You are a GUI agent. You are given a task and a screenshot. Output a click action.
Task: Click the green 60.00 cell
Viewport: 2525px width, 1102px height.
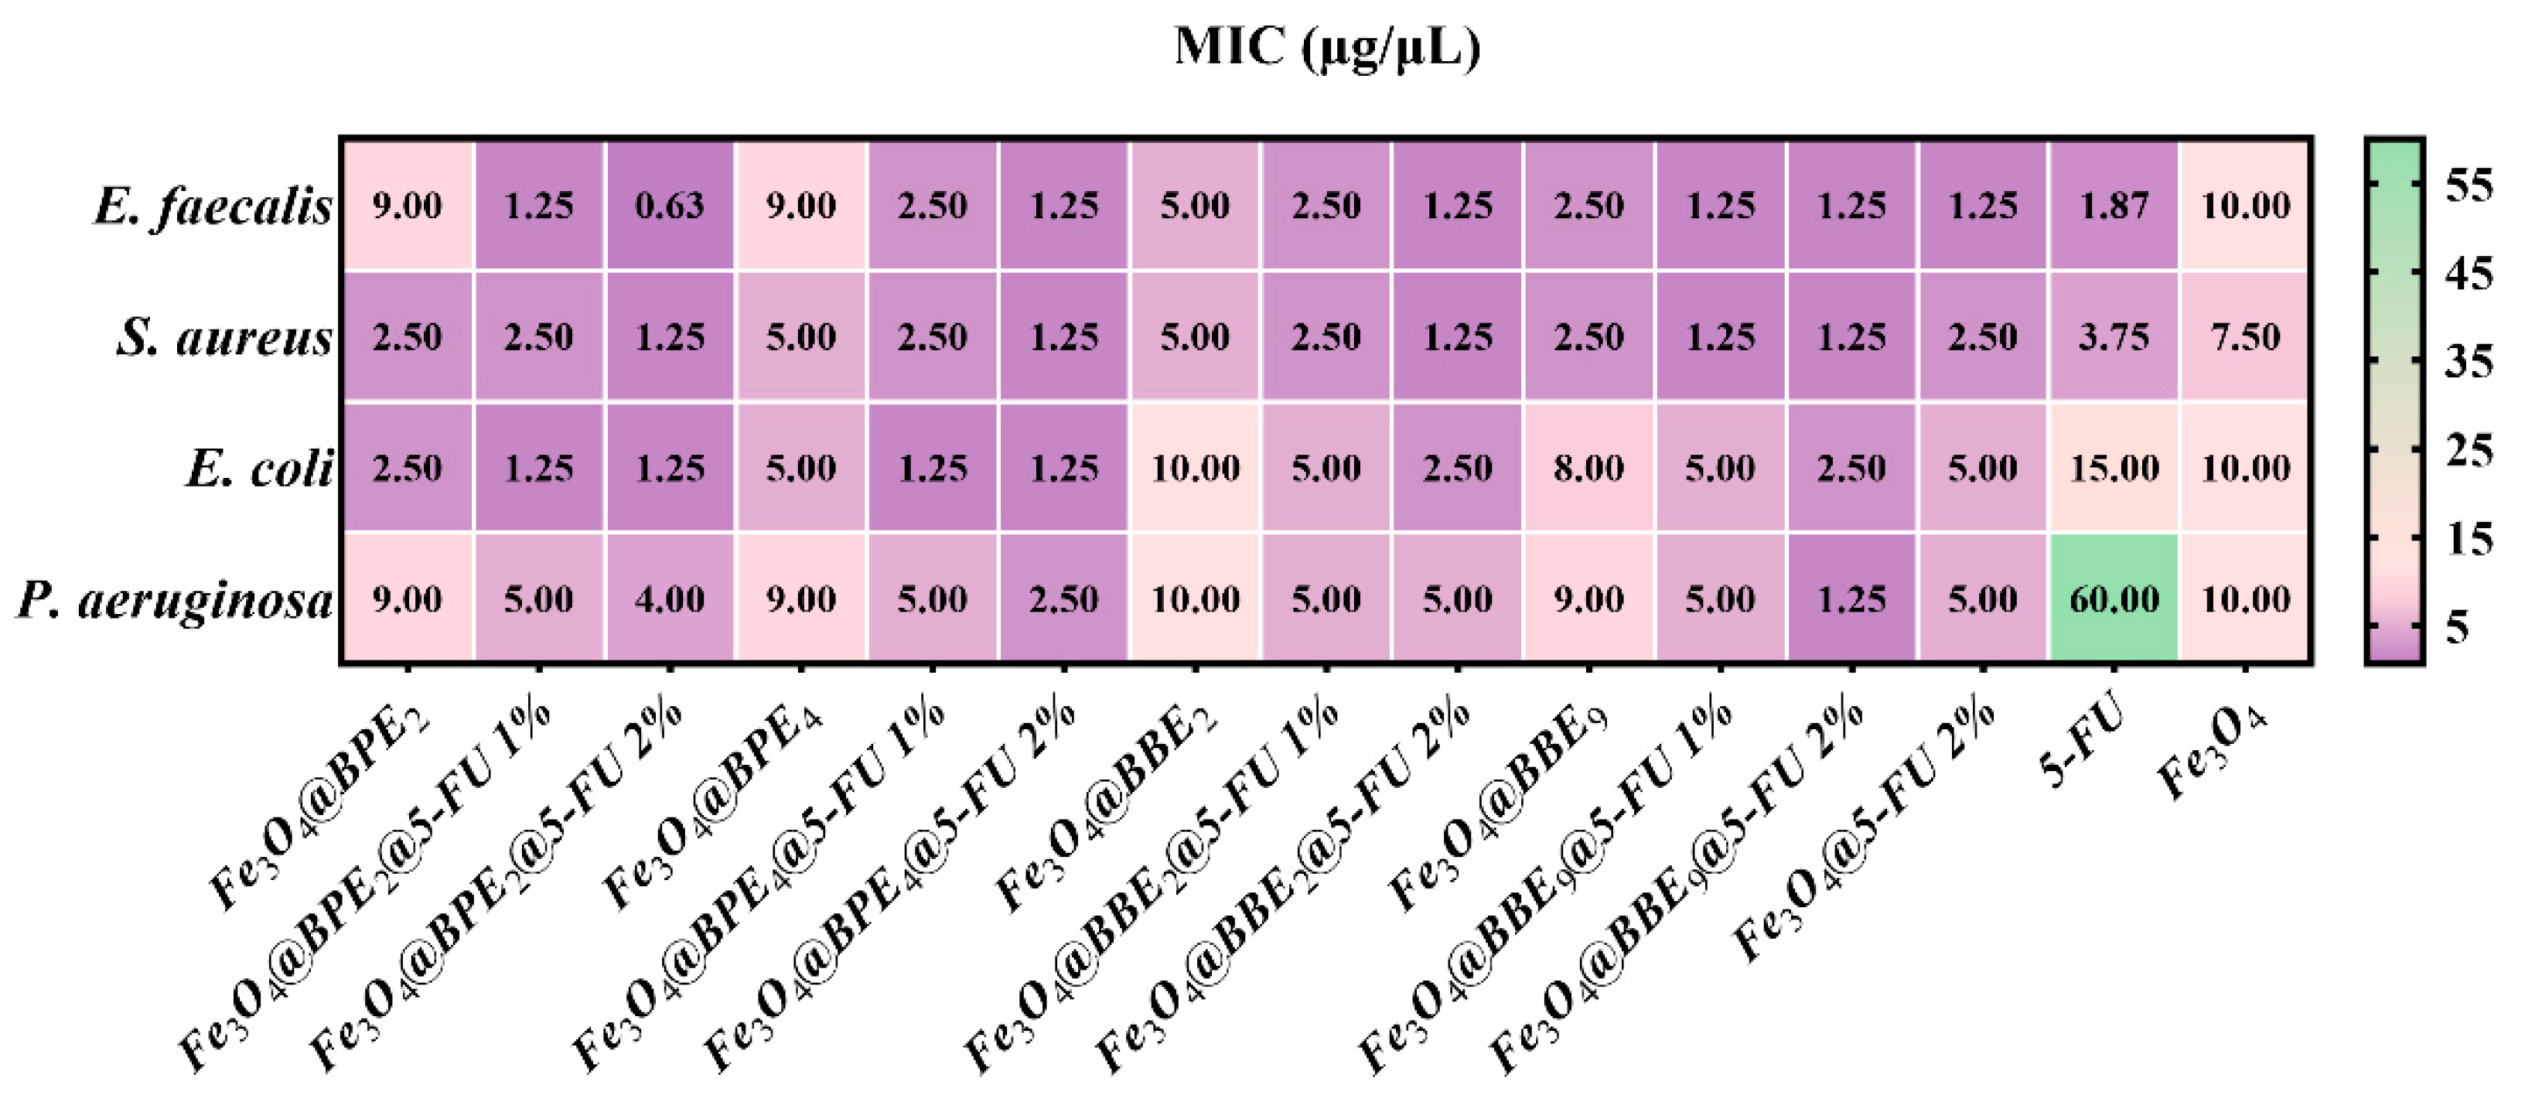[x=2114, y=598]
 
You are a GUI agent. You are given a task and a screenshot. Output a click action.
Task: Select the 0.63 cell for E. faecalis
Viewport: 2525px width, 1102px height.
[x=670, y=205]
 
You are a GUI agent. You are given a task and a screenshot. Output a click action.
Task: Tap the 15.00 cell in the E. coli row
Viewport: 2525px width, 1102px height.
[x=2114, y=468]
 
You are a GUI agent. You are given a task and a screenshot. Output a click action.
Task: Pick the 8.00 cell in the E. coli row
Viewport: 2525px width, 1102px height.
[x=1588, y=468]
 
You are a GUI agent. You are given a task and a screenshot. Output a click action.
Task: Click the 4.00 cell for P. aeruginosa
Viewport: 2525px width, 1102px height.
[x=670, y=598]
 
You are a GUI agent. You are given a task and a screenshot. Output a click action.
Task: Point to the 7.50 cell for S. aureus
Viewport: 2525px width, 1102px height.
[x=2245, y=336]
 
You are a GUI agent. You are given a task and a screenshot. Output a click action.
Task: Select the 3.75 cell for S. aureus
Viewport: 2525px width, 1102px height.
[x=2114, y=336]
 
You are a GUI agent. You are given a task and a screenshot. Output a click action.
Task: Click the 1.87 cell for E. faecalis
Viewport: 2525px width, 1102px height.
[x=2114, y=205]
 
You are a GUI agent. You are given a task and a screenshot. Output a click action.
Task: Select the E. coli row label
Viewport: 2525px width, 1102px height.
[x=259, y=469]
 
